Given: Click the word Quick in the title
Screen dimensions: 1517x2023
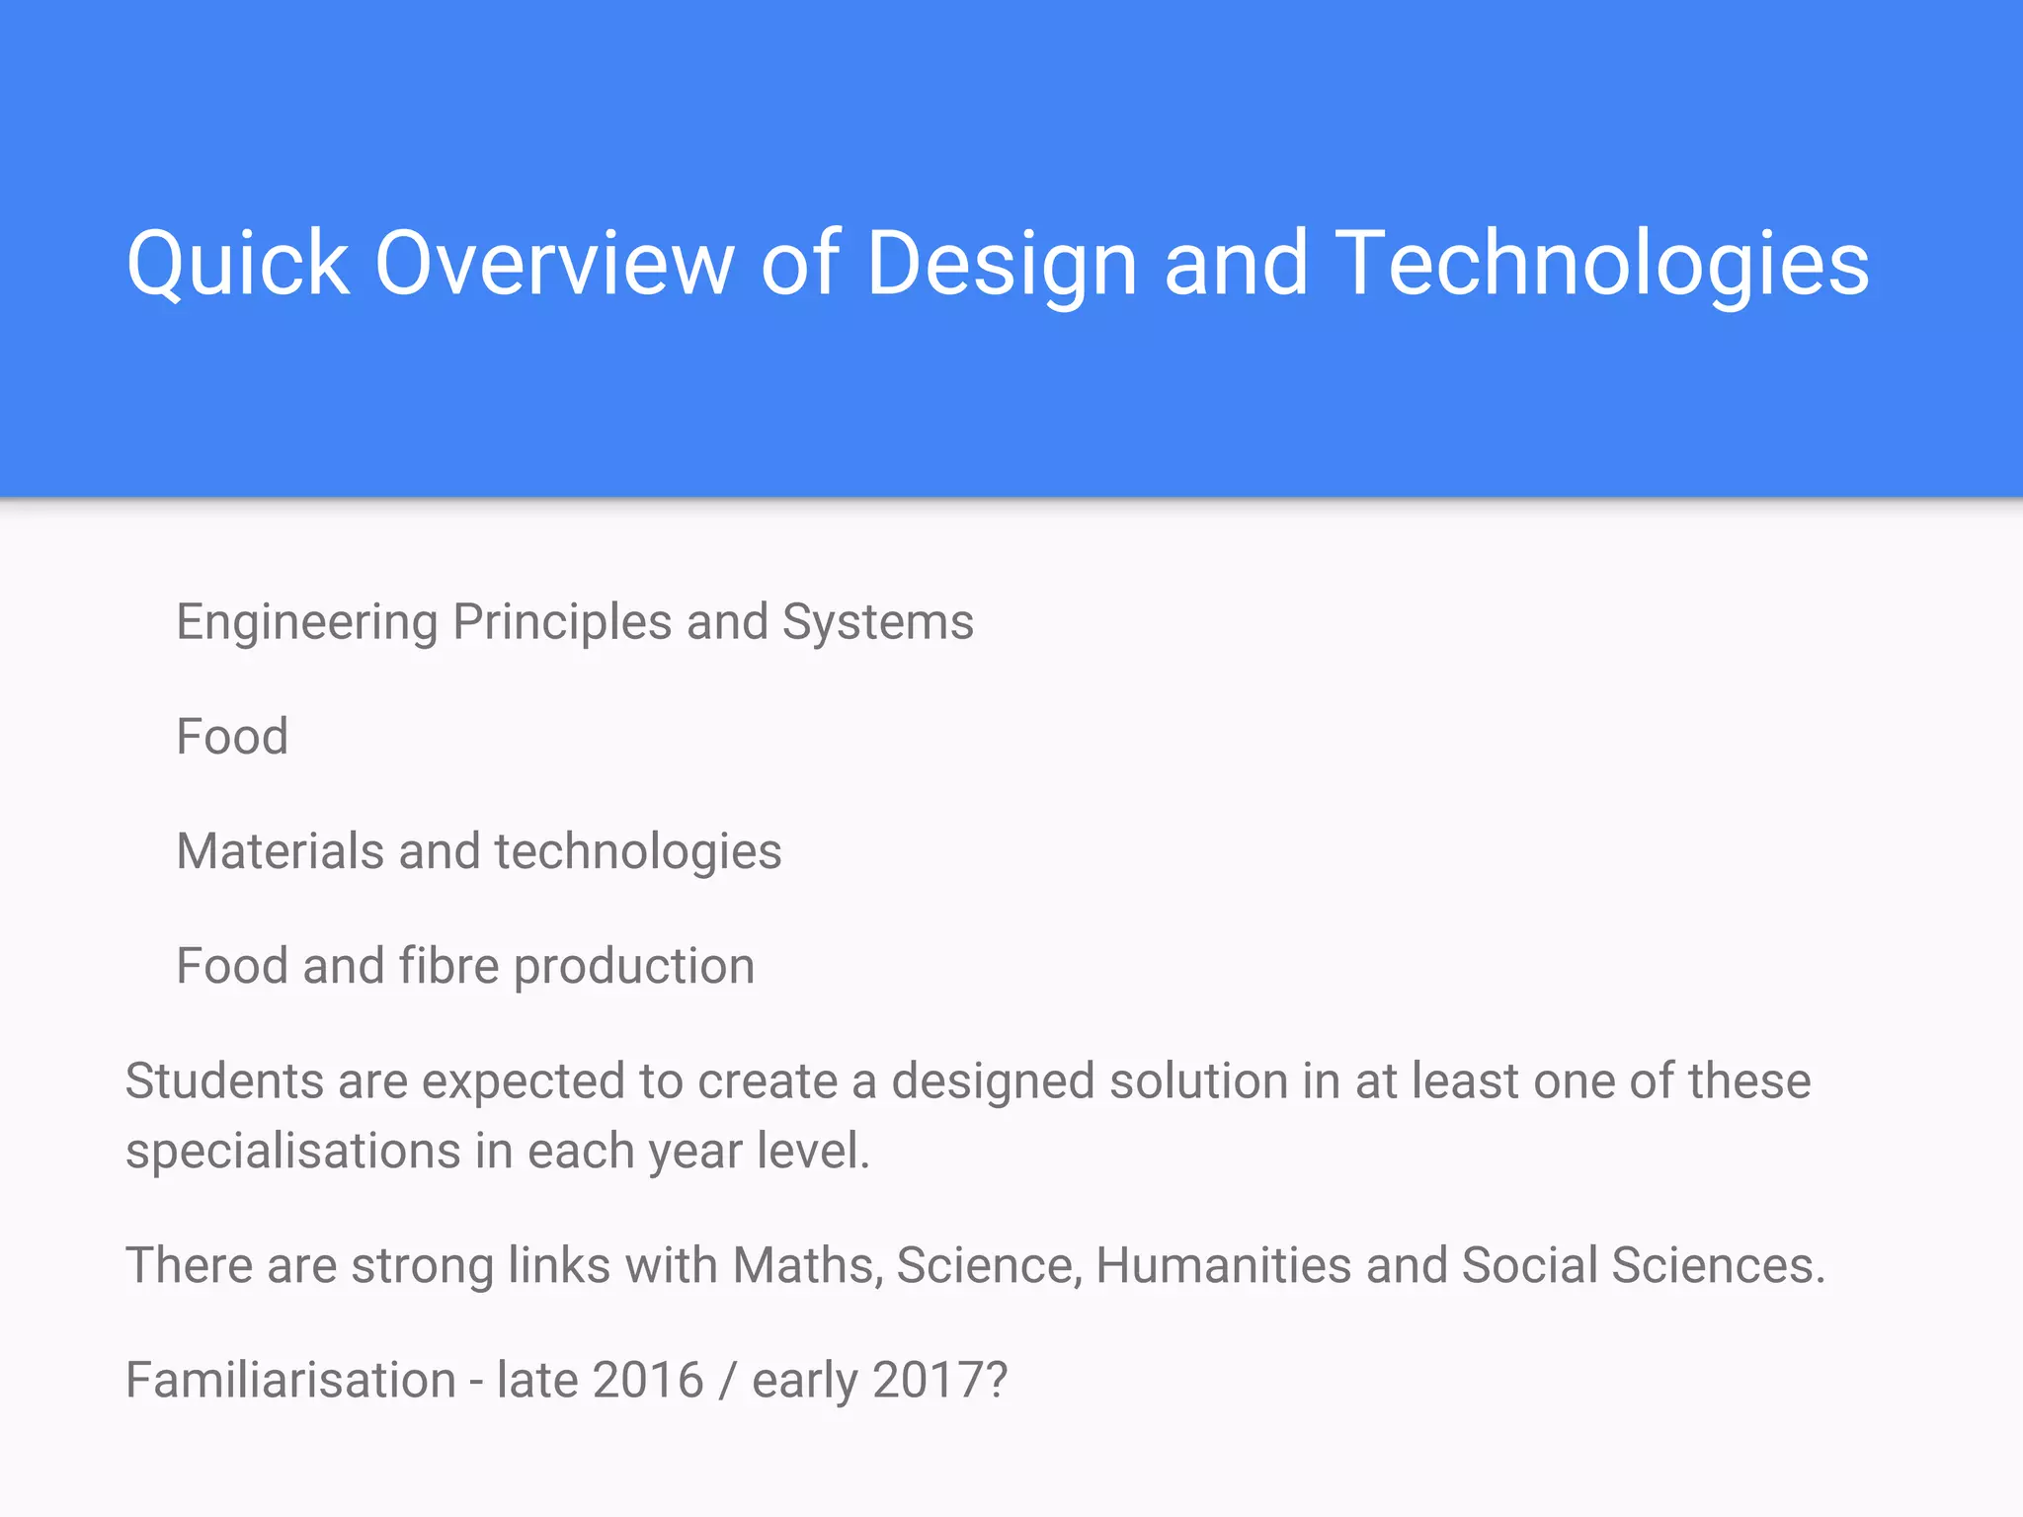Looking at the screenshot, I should point(237,263).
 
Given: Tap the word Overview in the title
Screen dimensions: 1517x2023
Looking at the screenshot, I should point(553,263).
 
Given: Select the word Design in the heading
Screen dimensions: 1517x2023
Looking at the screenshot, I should point(1002,263).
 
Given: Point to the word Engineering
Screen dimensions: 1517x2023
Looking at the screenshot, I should point(306,623).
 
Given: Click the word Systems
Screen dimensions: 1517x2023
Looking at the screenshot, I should point(877,623).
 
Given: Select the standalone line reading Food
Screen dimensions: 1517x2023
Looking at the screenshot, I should point(232,737).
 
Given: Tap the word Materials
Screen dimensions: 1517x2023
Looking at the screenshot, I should point(280,851).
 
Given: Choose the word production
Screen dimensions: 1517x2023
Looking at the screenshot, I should point(634,967).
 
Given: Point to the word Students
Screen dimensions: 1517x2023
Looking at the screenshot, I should point(224,1080).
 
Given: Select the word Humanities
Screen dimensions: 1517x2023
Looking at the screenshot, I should point(1223,1265).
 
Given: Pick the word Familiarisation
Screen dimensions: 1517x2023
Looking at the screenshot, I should point(290,1380).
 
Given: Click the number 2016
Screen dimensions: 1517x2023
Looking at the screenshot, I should point(648,1380).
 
